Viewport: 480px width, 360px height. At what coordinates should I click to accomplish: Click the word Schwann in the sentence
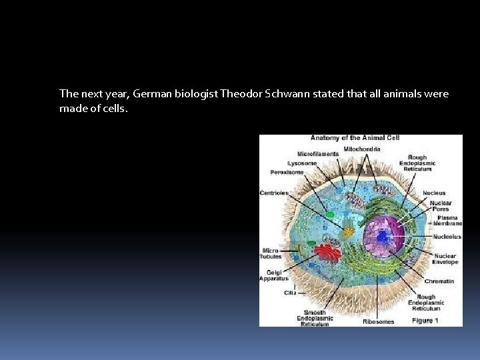[322, 94]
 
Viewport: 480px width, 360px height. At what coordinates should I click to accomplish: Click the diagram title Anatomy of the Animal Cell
[355, 138]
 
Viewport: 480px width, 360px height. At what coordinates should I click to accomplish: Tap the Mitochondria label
[362, 149]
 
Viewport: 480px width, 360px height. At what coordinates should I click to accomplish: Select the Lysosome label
[302, 163]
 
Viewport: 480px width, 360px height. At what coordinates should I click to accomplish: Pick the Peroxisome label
[287, 172]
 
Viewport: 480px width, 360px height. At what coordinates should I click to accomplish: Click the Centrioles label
[275, 193]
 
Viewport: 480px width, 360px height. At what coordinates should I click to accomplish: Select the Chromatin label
[439, 281]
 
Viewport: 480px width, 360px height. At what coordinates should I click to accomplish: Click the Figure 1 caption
[425, 321]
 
